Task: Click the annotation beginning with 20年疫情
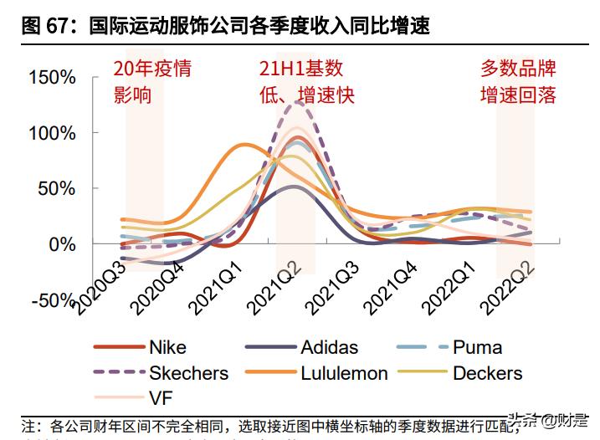coord(152,81)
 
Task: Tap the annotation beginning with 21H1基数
coord(306,81)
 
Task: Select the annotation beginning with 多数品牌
coord(517,81)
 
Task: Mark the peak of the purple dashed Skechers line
coord(295,101)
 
